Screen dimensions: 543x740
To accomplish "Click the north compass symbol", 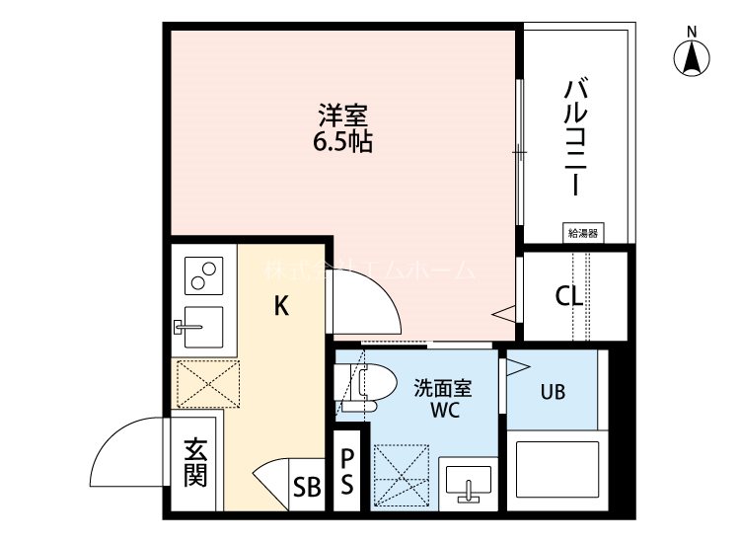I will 694,56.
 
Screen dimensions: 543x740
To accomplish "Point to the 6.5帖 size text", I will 342,142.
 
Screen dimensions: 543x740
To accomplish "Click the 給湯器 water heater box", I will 583,233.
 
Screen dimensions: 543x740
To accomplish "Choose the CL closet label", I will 569,295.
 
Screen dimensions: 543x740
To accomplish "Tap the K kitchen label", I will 281,307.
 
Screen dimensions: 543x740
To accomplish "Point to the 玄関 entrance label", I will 195,462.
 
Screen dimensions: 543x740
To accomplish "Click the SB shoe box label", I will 307,487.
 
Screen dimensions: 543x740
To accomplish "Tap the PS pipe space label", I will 347,473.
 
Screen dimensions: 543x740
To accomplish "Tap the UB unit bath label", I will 553,391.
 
